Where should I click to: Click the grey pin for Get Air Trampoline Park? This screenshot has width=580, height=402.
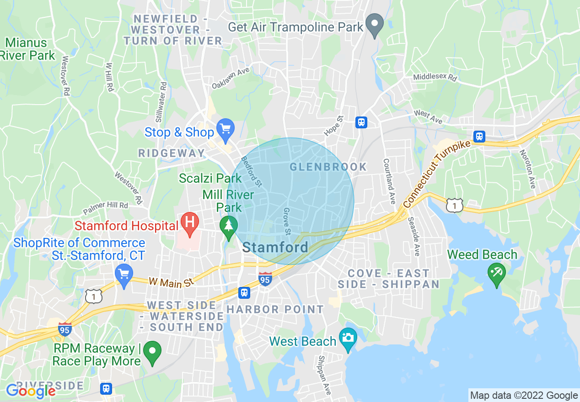tap(375, 25)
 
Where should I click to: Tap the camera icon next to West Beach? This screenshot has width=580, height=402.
tap(348, 339)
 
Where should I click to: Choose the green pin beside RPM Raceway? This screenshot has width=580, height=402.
tap(152, 352)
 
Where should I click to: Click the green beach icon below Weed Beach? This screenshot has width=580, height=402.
tap(497, 274)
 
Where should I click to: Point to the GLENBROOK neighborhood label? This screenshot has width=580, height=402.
tap(328, 167)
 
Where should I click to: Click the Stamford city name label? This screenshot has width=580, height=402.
tap(275, 248)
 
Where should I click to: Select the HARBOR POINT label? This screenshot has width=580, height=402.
tap(275, 310)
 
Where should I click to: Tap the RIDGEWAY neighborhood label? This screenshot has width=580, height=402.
tap(172, 153)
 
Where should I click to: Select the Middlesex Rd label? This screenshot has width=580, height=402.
tap(435, 78)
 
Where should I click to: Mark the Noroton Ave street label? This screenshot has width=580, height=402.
tap(527, 169)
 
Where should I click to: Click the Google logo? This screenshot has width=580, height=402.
tap(30, 391)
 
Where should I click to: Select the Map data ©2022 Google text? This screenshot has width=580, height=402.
tap(524, 396)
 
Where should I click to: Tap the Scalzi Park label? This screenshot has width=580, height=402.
tap(210, 178)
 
